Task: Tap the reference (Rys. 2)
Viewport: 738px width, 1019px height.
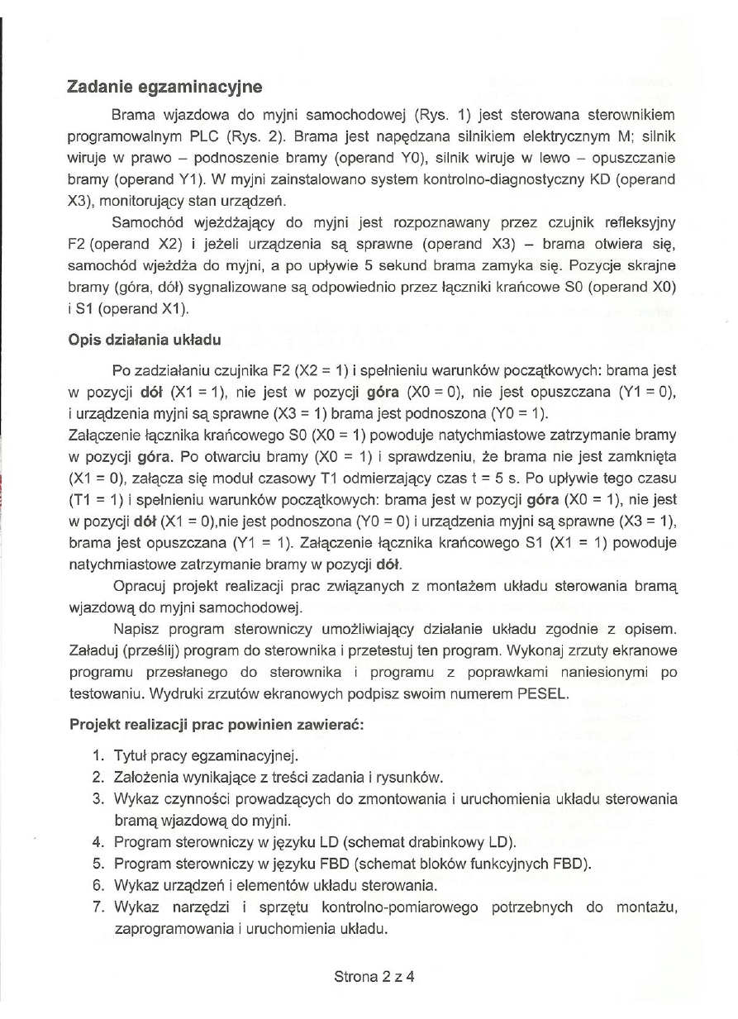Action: (264, 133)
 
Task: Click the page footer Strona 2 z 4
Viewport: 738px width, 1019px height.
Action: (374, 974)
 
